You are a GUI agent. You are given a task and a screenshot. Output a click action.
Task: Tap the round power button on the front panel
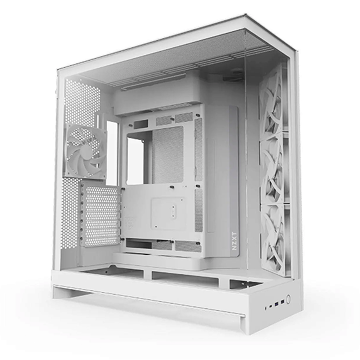[288, 298]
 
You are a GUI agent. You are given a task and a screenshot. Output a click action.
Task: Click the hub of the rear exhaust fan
[85, 151]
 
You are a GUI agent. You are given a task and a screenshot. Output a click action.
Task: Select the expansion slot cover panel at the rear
[100, 217]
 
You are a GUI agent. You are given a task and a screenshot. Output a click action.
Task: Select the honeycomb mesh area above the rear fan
[82, 103]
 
